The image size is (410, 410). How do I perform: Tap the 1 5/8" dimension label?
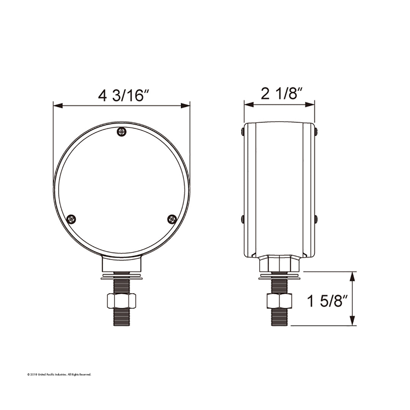(328, 301)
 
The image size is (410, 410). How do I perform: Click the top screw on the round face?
(121, 131)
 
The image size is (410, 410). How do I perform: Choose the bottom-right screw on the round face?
(172, 219)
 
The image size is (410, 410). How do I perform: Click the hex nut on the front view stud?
(121, 301)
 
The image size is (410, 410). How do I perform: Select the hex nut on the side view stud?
(279, 301)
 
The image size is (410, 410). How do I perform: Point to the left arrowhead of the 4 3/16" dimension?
(58, 106)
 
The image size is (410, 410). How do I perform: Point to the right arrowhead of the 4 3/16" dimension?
(185, 106)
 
